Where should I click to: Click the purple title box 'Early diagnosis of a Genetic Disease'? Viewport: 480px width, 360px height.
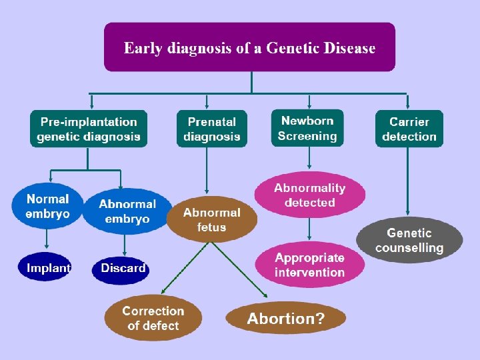(x=249, y=47)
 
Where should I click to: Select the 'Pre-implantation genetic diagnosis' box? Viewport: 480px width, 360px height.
(x=88, y=129)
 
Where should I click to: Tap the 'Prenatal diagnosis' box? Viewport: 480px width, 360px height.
(x=211, y=129)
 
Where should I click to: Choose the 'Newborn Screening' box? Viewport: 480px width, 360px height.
(x=307, y=128)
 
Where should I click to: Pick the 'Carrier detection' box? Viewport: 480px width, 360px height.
(x=409, y=129)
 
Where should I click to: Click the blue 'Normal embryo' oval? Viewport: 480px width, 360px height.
(x=47, y=206)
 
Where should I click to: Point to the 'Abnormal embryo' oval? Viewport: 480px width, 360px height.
(x=127, y=211)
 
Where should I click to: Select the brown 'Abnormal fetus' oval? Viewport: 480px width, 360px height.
(x=211, y=219)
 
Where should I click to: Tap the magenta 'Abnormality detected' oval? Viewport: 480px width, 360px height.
(x=309, y=195)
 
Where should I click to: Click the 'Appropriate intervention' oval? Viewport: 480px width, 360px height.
(x=309, y=265)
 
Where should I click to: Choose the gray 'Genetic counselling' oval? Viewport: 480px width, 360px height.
(x=409, y=240)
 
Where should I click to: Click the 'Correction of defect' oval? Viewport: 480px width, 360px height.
(x=153, y=318)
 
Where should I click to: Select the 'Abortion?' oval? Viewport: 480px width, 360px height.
(x=285, y=318)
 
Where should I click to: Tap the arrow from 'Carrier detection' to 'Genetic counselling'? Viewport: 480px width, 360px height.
(x=408, y=180)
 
